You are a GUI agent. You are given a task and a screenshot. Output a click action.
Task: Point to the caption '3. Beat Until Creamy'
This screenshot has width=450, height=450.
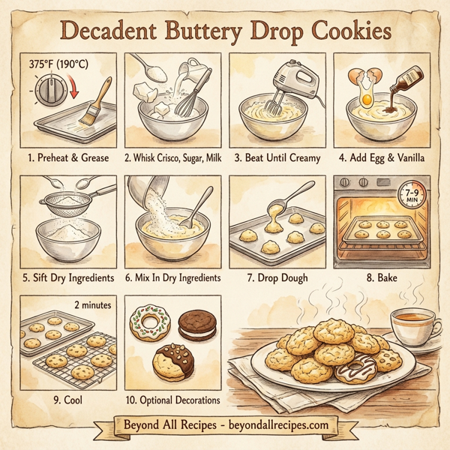pos(277,157)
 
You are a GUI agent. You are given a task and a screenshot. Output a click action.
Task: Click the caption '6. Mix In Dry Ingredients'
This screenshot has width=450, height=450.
pos(172,277)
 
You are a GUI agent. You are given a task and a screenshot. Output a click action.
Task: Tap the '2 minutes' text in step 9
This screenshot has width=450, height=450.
pos(92,304)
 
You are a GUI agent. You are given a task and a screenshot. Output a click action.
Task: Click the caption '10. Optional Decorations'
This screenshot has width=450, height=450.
pos(172,400)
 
